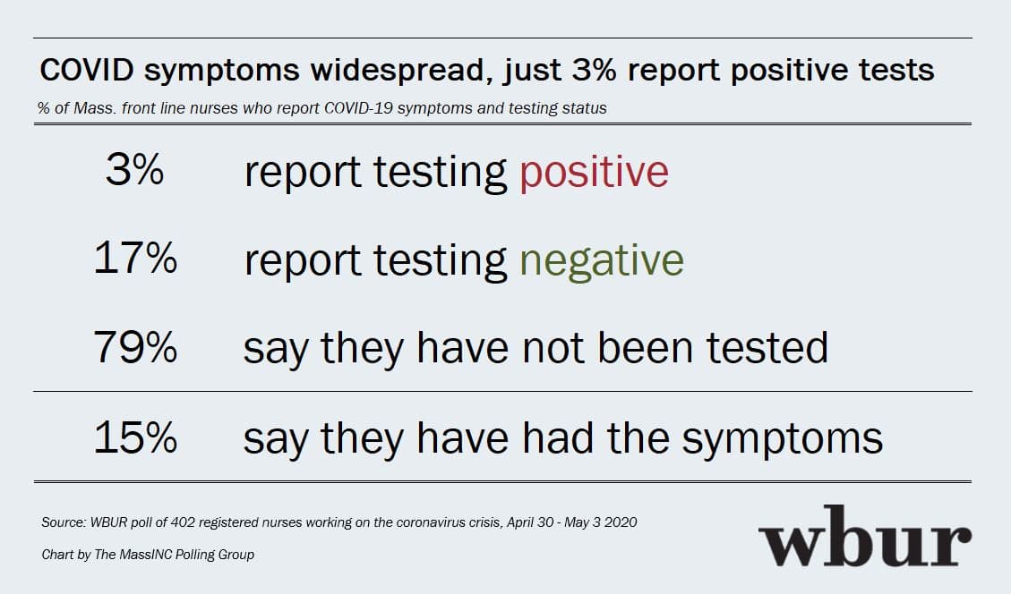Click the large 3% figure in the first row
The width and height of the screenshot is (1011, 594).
tap(134, 170)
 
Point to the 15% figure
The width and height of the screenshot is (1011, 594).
tap(135, 437)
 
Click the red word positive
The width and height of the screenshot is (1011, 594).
tap(594, 173)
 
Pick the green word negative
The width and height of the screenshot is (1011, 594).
tap(602, 261)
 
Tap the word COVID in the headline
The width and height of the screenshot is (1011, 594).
tap(87, 70)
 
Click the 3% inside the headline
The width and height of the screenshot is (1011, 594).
tap(594, 70)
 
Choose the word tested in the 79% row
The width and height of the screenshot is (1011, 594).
tap(767, 348)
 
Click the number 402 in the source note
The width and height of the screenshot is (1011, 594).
tap(183, 522)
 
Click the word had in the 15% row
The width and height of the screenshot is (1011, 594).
tap(559, 437)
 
